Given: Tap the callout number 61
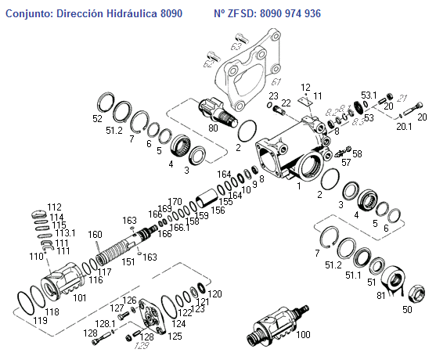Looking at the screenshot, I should point(276,81).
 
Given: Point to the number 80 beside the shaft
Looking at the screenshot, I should point(213,127).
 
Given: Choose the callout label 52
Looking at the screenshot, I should point(97,118).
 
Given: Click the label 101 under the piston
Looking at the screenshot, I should point(80,297).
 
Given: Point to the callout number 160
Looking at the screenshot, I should point(95,234).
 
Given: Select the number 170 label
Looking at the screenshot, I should point(175,201).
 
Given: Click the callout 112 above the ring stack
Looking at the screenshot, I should point(54,207).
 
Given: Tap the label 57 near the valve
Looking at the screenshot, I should point(345,163).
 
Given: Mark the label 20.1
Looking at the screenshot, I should point(402,127).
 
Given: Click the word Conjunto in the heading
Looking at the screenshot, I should point(27,14).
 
